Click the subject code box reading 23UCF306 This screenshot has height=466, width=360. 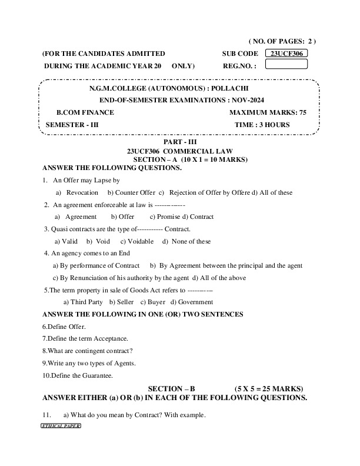(286, 53)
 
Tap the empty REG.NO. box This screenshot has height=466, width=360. (286, 65)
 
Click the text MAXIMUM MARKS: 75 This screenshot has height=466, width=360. (268, 112)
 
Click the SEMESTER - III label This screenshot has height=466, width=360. (68, 125)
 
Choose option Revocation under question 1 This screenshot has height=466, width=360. (82, 192)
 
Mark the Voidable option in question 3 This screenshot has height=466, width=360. (137, 241)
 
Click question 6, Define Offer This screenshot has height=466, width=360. (64, 327)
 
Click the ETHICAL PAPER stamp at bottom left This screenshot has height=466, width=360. (61, 425)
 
